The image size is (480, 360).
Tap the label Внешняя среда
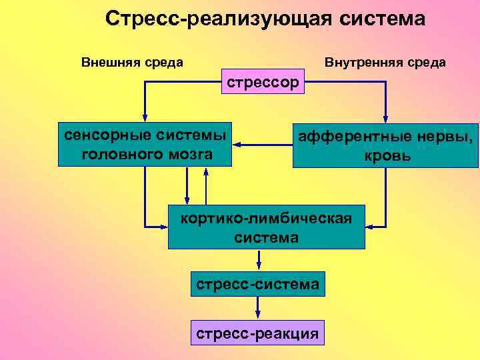[132, 63]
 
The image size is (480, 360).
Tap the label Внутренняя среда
[385, 63]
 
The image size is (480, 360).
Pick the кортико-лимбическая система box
[266, 227]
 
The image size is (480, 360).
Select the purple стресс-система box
[257, 283]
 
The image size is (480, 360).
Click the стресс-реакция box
[257, 331]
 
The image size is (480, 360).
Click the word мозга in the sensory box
[187, 154]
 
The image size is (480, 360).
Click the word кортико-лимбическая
[266, 217]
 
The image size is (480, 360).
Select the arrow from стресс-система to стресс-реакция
[258, 307]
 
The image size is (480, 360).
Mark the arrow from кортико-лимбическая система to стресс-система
[258, 260]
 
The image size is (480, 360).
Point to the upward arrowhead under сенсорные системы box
[207, 171]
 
